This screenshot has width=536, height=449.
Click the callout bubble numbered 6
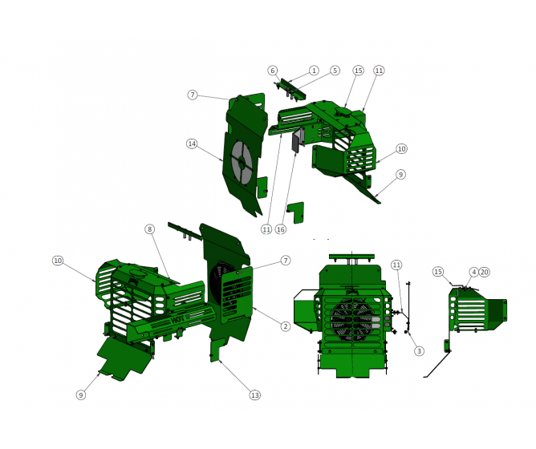[273, 71]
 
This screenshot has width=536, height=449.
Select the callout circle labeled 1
[314, 71]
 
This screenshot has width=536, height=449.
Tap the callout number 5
[335, 71]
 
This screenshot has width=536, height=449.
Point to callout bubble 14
[192, 144]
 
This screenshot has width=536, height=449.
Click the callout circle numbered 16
[280, 229]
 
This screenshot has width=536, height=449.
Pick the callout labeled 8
[149, 229]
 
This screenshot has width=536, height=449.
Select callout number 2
[285, 326]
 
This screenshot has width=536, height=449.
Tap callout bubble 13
[255, 394]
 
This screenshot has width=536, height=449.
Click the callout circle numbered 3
[419, 351]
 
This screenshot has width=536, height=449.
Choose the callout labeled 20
[484, 273]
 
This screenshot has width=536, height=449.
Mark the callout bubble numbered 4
[473, 273]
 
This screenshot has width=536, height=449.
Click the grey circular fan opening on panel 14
[242, 161]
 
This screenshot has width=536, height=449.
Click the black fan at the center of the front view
[351, 319]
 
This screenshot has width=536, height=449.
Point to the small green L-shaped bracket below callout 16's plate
[295, 212]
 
